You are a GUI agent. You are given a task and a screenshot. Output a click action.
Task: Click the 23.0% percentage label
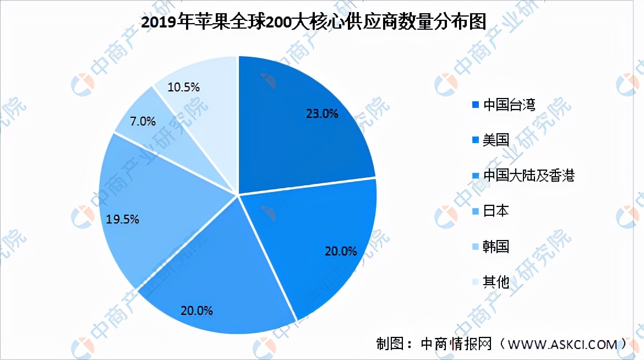(x=321, y=114)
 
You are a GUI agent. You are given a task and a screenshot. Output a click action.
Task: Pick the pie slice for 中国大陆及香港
(x=220, y=275)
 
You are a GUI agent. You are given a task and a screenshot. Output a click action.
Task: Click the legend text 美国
(x=495, y=140)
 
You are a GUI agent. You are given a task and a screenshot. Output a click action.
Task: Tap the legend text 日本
(x=495, y=211)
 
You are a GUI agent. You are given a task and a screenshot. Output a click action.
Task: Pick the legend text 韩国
(x=495, y=246)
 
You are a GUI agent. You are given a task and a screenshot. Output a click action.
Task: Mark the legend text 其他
(x=495, y=282)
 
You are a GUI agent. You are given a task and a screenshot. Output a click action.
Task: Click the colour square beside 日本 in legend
(x=476, y=211)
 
